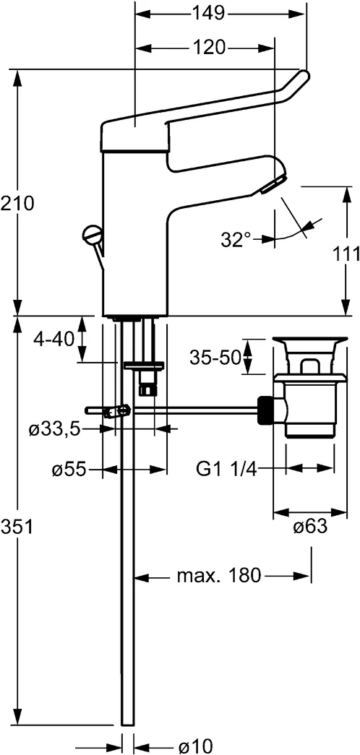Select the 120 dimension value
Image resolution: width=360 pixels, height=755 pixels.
[209, 48]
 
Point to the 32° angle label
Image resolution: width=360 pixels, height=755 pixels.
[236, 239]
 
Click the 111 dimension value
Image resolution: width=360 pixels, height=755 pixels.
[346, 254]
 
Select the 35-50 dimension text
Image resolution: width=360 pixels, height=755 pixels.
[215, 357]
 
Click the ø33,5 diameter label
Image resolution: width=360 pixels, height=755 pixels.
[53, 429]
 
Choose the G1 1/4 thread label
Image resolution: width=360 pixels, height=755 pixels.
[226, 470]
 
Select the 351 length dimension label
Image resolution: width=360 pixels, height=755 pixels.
[17, 527]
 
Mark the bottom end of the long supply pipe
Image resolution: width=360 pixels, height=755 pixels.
[127, 722]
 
